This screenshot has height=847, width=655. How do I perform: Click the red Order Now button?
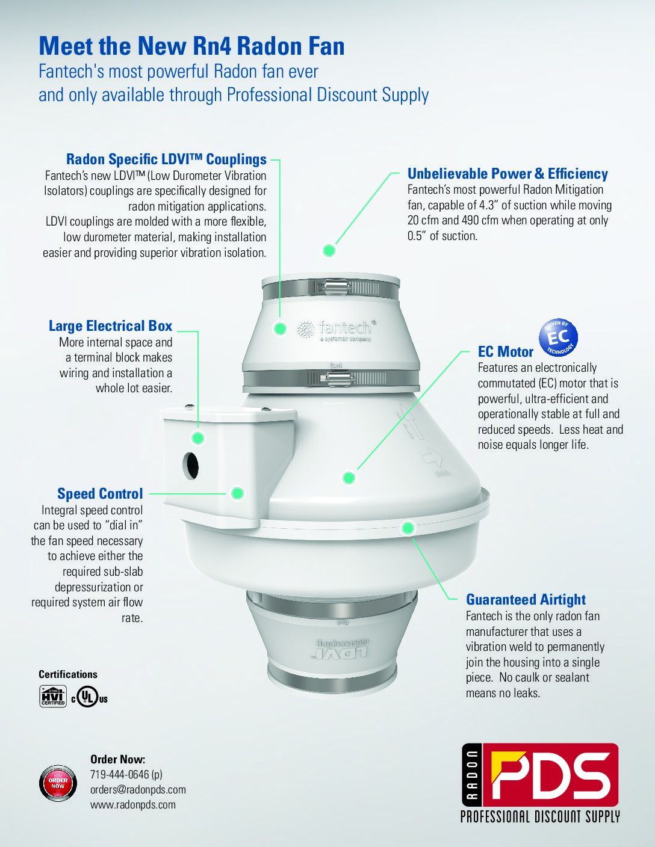(58, 783)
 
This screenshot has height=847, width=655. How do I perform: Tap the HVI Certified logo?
(52, 697)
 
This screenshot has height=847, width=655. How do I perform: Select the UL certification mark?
(89, 698)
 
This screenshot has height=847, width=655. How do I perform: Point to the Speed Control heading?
(101, 493)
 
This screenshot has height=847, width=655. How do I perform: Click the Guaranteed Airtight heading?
(526, 600)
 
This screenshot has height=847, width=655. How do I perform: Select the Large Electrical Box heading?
(110, 326)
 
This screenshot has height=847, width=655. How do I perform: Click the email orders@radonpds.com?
(138, 790)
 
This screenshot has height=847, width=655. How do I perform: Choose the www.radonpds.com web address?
(133, 805)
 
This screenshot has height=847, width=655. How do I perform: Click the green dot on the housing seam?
(408, 528)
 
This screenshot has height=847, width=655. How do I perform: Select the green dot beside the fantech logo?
(280, 328)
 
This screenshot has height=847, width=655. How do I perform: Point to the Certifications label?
(68, 674)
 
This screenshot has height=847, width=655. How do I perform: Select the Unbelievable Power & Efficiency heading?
(508, 174)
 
